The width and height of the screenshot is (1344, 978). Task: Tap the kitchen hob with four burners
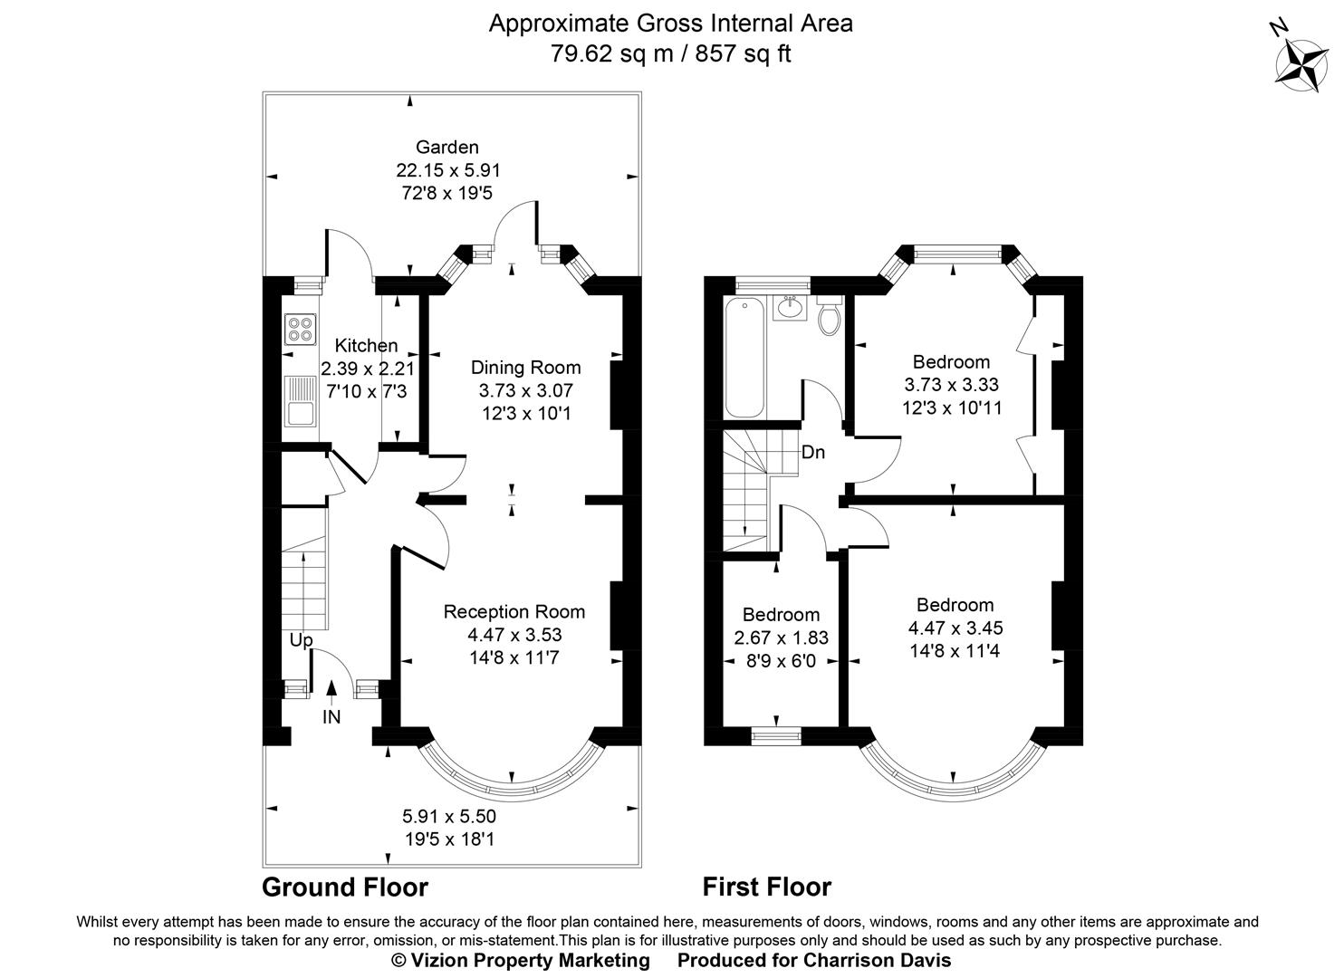300,329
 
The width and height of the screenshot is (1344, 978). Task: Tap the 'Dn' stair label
812,452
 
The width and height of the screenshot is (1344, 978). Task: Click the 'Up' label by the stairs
301,640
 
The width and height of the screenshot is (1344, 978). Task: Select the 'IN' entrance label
331,717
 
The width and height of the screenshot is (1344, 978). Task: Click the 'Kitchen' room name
366,345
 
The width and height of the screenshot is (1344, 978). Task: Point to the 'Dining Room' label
525,367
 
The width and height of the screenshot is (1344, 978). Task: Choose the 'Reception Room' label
514,611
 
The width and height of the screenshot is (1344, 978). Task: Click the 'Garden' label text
446,147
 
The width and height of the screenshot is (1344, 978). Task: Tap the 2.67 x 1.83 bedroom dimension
781,638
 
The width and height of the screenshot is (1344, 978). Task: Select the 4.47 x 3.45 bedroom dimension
955,628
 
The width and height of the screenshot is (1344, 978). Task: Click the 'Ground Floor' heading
344,887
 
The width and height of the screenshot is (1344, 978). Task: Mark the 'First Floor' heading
766,887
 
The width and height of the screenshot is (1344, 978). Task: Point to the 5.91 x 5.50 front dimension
449,816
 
